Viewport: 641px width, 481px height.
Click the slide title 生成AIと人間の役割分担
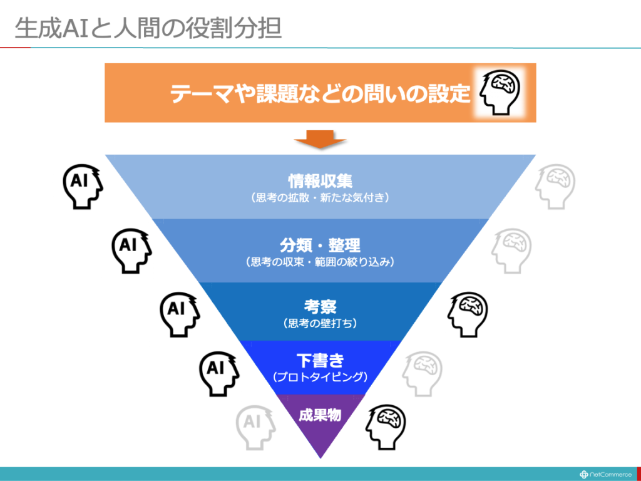pos(148,29)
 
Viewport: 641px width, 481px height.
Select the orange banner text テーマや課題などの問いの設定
pos(320,93)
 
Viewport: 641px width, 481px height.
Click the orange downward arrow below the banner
pos(320,139)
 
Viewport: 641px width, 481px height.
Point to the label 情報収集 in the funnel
pos(320,181)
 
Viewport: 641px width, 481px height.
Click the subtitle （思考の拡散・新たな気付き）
pos(320,198)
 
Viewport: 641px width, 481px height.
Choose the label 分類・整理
pos(320,246)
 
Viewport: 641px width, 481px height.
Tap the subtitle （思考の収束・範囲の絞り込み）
pos(320,262)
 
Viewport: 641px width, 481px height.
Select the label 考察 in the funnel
pos(320,307)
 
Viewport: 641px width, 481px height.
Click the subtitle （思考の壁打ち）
pos(320,324)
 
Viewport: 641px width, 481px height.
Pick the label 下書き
pos(320,361)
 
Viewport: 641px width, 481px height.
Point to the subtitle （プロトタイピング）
pos(320,376)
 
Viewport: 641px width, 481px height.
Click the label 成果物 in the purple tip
pos(320,416)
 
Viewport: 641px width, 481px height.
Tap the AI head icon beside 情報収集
pos(83,187)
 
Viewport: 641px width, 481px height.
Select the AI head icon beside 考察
pos(180,314)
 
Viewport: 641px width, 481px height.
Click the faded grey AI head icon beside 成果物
pos(255,427)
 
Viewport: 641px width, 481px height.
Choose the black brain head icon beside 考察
pos(467,314)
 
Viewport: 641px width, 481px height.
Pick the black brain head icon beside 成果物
pos(386,427)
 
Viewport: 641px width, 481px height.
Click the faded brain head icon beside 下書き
pos(422,373)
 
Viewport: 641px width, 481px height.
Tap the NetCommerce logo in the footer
pos(605,475)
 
